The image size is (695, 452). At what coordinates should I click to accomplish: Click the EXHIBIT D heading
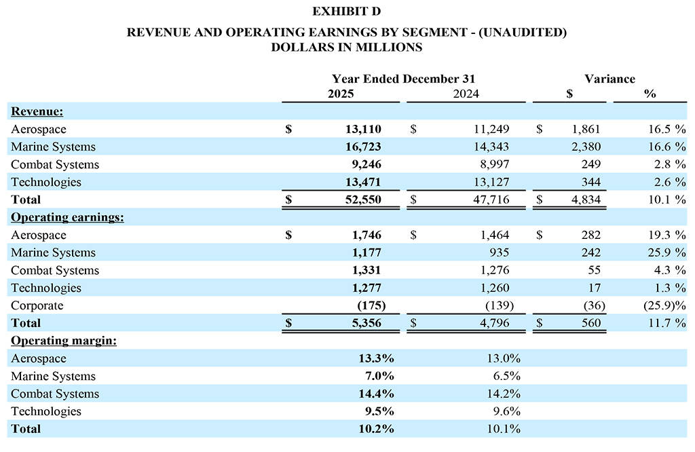pyautogui.click(x=347, y=12)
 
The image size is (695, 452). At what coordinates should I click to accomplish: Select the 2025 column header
pyautogui.click(x=341, y=94)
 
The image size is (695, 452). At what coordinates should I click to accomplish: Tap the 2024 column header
pyautogui.click(x=466, y=94)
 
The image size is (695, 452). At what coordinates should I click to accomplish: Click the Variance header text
pyautogui.click(x=609, y=79)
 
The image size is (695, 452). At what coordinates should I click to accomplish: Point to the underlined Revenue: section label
pyautogui.click(x=37, y=111)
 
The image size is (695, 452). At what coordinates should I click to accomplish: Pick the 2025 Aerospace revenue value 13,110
pyautogui.click(x=363, y=129)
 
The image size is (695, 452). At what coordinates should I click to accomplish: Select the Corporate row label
pyautogui.click(x=37, y=305)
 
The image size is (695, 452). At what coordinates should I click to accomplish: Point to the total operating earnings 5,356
pyautogui.click(x=367, y=323)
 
